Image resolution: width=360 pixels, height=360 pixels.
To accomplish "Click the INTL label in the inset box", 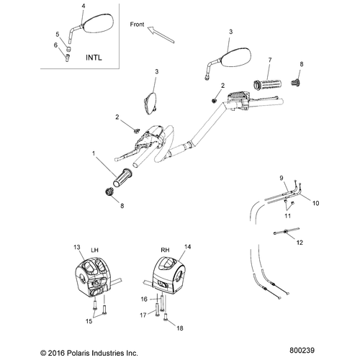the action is [x=94, y=58].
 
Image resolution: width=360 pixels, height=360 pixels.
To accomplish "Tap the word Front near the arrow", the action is [x=137, y=24].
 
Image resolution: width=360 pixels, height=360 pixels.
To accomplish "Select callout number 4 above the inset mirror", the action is [x=84, y=6].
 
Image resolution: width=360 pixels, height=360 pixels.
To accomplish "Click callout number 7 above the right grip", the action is [x=270, y=60].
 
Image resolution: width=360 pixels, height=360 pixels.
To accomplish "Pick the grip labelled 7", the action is [x=268, y=84].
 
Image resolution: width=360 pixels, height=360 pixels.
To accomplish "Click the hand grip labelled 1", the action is [x=122, y=178].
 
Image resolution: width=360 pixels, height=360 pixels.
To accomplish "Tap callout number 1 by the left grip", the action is [x=94, y=153].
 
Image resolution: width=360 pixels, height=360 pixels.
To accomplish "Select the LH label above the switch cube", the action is [x=95, y=250].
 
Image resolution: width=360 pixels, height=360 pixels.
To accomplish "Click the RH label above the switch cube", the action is [x=165, y=250].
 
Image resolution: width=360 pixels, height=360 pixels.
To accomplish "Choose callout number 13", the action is [x=77, y=247].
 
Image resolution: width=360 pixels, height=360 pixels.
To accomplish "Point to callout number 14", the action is [x=188, y=247].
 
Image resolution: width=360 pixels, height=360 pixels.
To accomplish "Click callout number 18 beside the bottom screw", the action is [x=180, y=328].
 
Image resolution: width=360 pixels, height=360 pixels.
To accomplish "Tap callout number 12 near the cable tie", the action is [x=300, y=243].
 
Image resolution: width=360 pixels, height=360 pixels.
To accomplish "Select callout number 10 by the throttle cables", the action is [x=316, y=203].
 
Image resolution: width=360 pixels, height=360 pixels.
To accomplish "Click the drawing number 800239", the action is [x=302, y=351].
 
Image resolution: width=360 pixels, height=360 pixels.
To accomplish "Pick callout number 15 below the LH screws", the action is [x=89, y=321].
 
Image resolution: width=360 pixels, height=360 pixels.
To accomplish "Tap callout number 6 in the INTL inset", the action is [x=56, y=45].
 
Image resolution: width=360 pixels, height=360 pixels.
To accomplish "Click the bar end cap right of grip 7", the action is [x=295, y=82].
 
